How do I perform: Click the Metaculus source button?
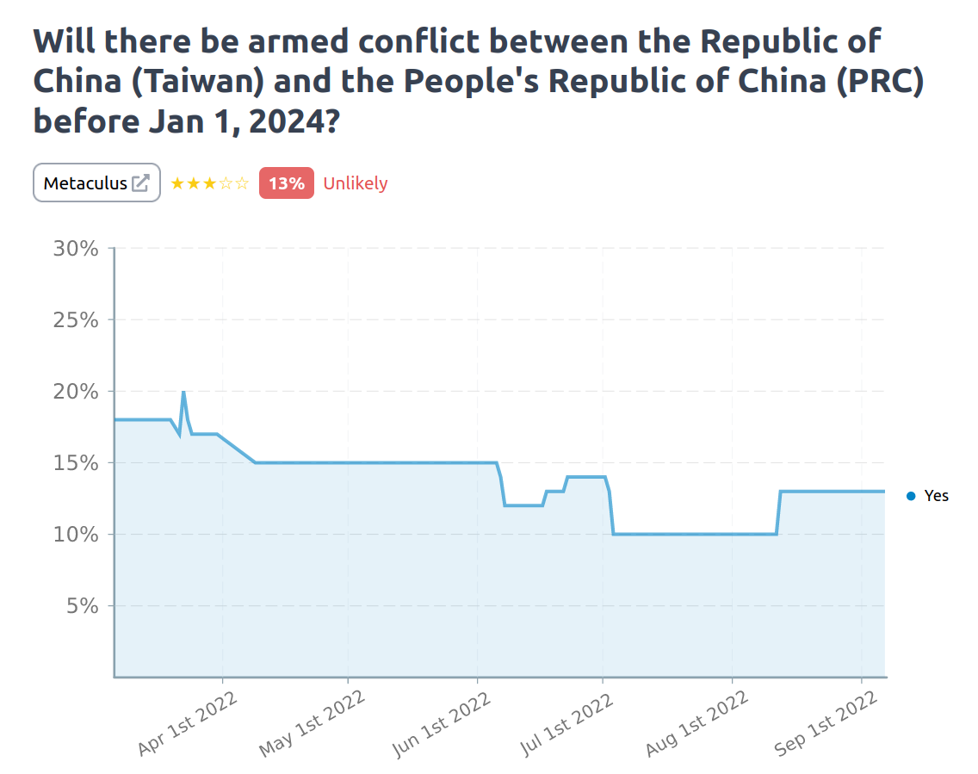[96, 183]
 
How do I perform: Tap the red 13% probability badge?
[286, 183]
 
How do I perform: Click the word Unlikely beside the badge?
[355, 183]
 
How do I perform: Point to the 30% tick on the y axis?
[76, 249]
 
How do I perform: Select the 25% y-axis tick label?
[76, 320]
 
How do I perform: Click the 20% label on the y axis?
[76, 392]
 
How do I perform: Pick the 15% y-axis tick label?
[76, 463]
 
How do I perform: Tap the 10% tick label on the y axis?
[76, 535]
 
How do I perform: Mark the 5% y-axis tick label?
[83, 606]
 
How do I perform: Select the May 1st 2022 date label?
[312, 724]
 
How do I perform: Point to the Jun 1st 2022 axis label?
[441, 724]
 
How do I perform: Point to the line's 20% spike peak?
[183, 393]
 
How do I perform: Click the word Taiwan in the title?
[210, 81]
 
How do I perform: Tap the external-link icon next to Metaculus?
[140, 183]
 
